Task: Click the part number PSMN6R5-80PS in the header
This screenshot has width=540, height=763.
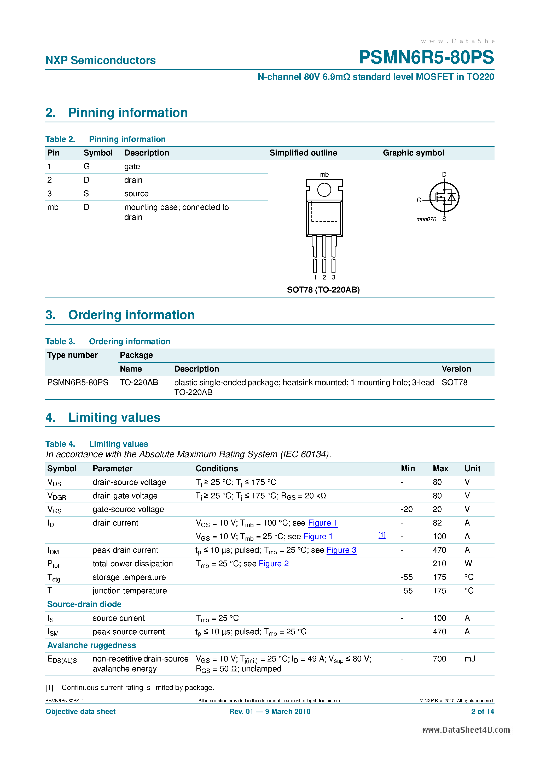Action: point(426,57)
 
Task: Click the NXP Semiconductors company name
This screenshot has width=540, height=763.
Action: point(101,61)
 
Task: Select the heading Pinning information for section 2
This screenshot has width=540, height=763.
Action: point(128,113)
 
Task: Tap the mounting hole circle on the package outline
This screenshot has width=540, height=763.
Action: point(324,190)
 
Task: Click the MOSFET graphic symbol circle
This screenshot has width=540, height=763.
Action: point(444,197)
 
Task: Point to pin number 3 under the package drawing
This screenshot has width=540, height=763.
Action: point(333,277)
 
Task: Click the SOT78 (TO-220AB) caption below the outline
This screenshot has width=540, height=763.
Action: point(323,290)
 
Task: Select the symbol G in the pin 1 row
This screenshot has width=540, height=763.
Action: point(86,166)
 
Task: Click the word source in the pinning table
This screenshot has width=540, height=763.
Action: point(136,194)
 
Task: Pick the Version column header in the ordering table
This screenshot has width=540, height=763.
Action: point(456,369)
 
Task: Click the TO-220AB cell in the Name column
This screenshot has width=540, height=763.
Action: point(139,383)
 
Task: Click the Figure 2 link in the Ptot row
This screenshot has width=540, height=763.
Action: point(274,564)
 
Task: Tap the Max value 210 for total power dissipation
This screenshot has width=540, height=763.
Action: point(439,564)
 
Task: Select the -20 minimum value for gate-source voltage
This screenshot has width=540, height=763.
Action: point(407,509)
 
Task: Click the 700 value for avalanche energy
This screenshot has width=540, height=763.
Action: point(439,659)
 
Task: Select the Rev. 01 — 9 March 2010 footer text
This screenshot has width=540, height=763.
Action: point(270,712)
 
